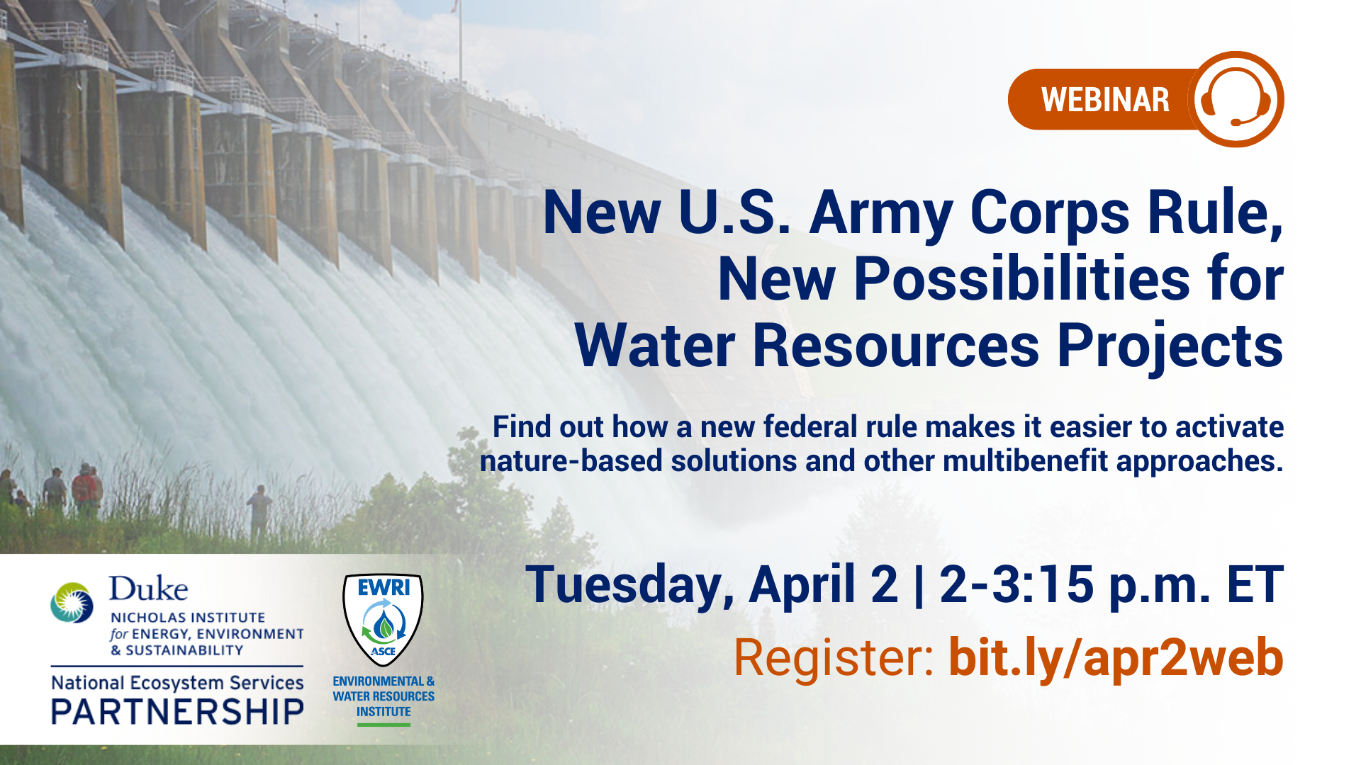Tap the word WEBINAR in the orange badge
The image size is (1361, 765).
[1105, 100]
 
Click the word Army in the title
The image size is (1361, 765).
[881, 212]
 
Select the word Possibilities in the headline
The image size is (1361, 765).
[1021, 278]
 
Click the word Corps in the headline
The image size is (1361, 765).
[1050, 212]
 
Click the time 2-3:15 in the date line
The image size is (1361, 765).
[1016, 584]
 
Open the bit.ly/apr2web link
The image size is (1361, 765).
[1116, 657]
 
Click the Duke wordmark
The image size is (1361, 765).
[148, 589]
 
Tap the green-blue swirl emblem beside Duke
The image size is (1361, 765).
[72, 602]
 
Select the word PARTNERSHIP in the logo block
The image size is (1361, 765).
[177, 712]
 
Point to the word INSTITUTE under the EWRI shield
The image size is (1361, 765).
[383, 712]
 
